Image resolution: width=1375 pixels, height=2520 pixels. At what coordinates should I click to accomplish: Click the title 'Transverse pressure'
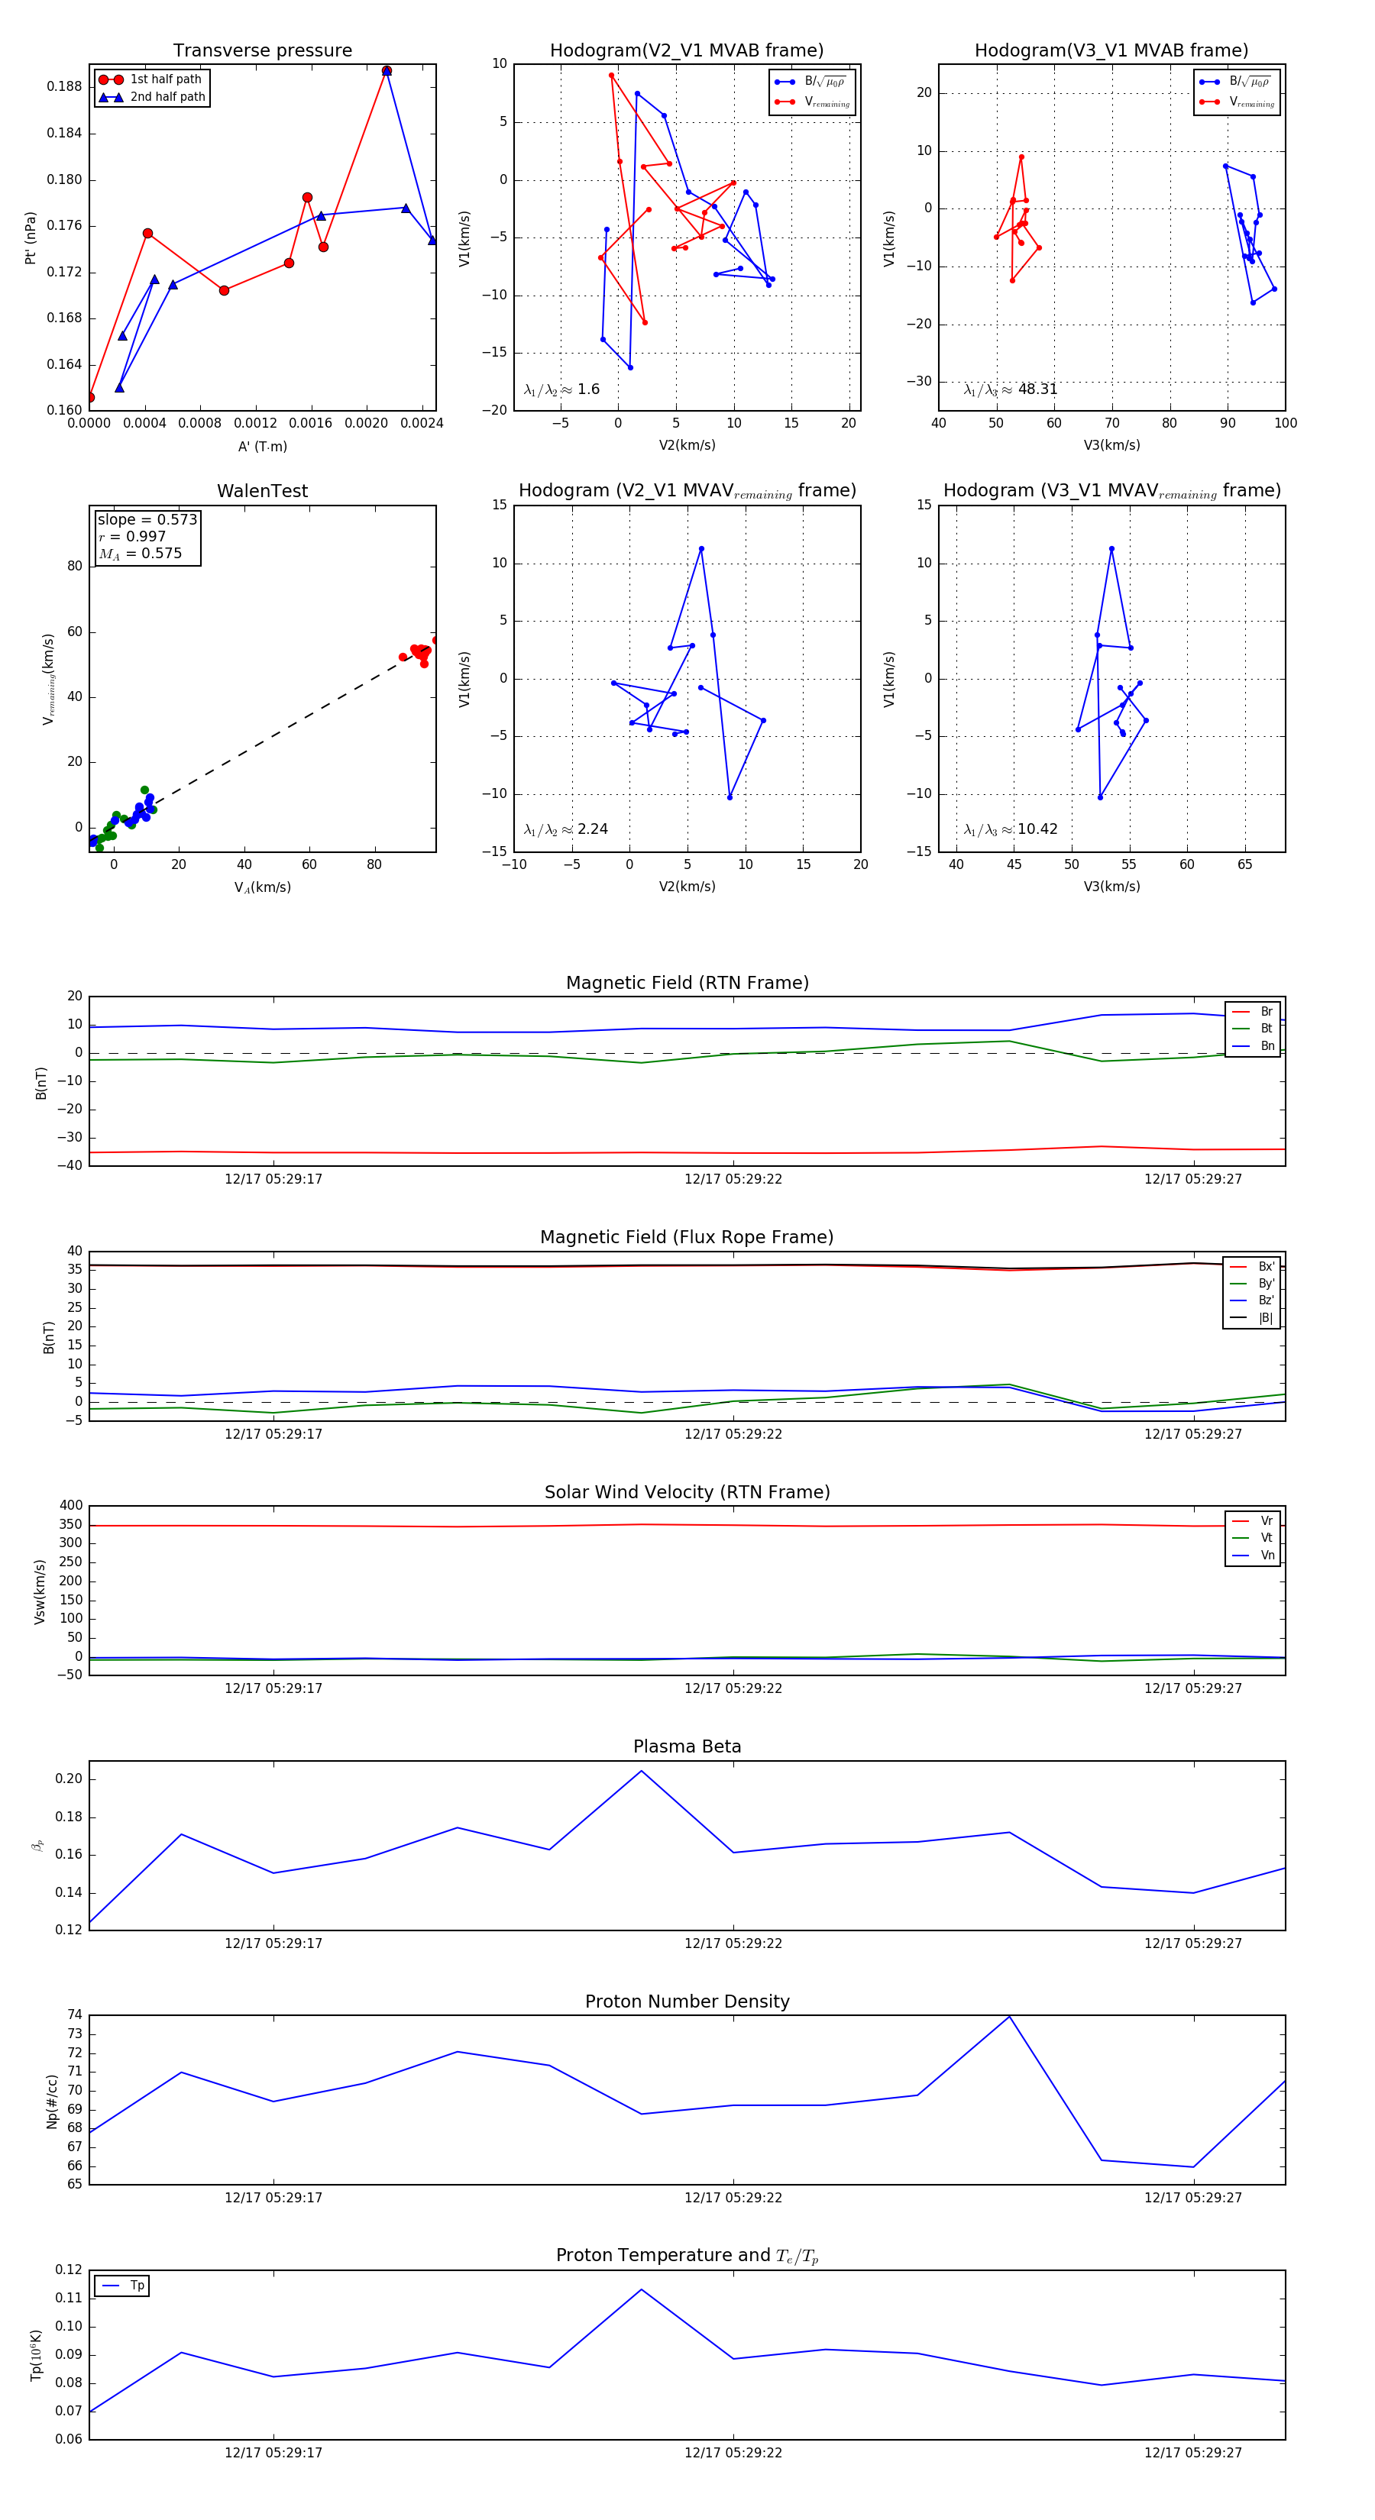point(262,51)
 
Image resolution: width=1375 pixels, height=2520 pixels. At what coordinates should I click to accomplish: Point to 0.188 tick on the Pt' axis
point(65,86)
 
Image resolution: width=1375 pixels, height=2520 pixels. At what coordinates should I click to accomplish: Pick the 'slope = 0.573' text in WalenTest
point(147,519)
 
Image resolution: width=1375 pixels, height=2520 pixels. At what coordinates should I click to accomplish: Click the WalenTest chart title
point(262,491)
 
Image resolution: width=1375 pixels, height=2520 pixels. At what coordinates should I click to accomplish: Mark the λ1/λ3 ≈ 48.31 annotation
point(1010,389)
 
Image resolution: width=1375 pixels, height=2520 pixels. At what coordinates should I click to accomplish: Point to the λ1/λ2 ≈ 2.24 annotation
point(565,829)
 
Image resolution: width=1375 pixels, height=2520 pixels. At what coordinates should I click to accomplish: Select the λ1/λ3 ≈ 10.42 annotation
point(1010,829)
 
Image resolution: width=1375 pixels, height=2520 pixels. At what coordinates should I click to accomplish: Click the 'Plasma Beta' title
point(687,1747)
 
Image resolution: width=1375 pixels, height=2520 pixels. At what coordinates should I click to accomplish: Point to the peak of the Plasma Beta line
point(641,1771)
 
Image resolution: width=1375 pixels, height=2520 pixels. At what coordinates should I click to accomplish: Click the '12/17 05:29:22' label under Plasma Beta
point(733,1943)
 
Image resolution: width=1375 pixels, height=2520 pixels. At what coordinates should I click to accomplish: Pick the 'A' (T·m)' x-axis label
point(262,446)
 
